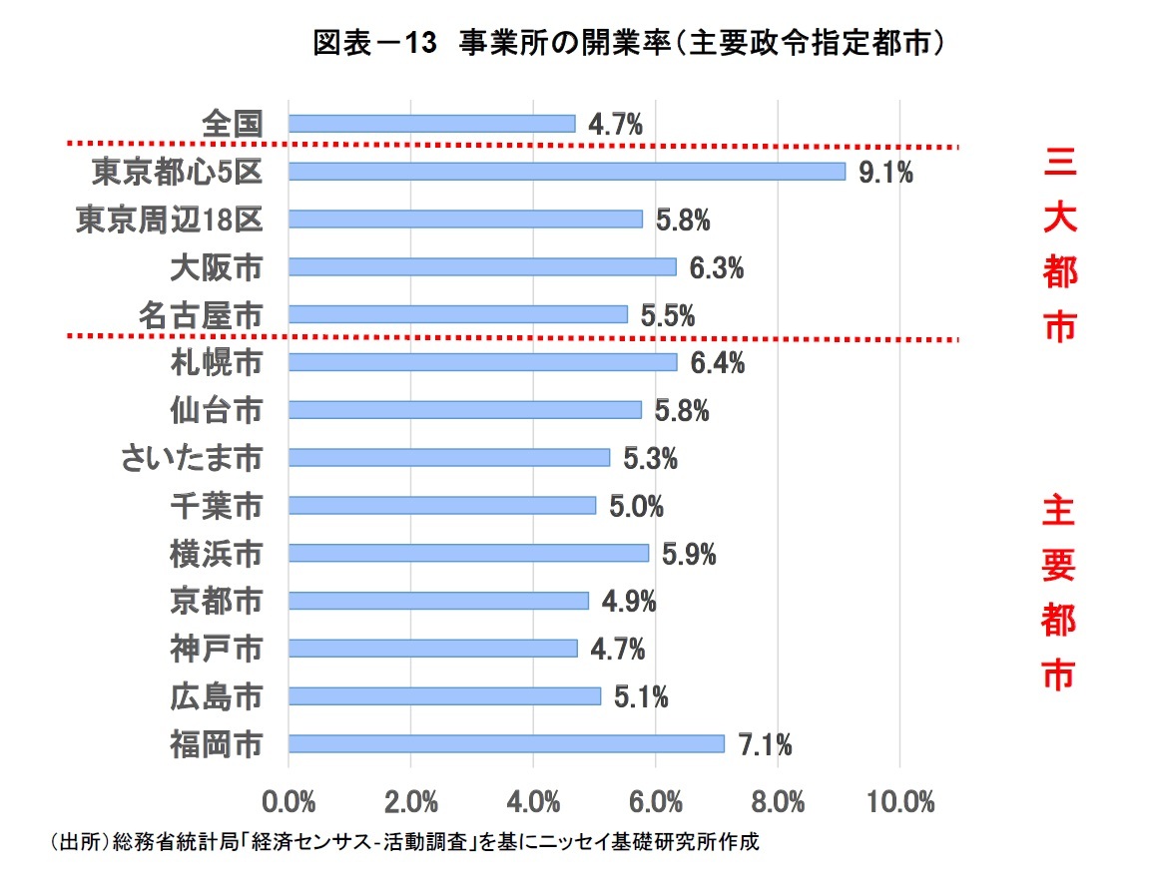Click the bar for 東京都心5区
pos(566,172)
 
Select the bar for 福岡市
pos(505,743)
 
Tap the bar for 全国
pos(431,124)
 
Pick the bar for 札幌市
pos(482,362)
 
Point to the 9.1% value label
pos(885,173)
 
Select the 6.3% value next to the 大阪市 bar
pos(716,267)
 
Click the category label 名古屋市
pos(201,315)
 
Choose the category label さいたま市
pos(191,458)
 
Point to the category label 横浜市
pos(216,553)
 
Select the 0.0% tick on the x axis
pos(288,801)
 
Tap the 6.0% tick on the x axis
pos(655,801)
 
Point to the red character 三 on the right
pos(1059,164)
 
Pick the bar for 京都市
pos(438,601)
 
